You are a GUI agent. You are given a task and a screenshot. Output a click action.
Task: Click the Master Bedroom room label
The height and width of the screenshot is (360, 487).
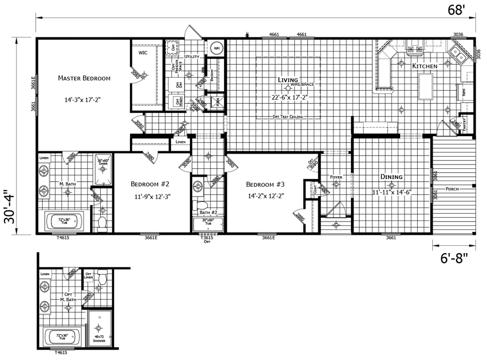click(84, 79)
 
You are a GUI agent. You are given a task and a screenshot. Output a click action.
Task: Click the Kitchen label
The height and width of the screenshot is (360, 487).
click(425, 66)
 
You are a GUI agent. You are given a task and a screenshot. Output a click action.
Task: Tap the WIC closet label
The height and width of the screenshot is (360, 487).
click(143, 53)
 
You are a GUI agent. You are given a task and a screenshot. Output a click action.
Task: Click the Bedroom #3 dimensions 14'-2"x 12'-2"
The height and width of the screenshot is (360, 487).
click(266, 196)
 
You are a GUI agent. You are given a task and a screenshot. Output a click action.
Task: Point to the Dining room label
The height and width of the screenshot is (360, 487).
click(391, 177)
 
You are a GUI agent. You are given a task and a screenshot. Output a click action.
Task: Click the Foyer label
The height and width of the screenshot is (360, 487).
click(337, 177)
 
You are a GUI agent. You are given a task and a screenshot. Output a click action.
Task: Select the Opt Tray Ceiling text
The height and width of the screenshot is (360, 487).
click(289, 117)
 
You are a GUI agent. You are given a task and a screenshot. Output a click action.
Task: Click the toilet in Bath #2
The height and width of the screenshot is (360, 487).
click(200, 205)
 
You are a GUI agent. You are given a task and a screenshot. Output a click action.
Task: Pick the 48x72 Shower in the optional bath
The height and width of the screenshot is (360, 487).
click(100, 330)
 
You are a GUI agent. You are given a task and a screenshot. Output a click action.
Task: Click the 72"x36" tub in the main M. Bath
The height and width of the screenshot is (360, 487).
click(63, 223)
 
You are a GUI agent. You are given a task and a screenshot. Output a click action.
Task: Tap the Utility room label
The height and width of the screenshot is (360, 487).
click(192, 56)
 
